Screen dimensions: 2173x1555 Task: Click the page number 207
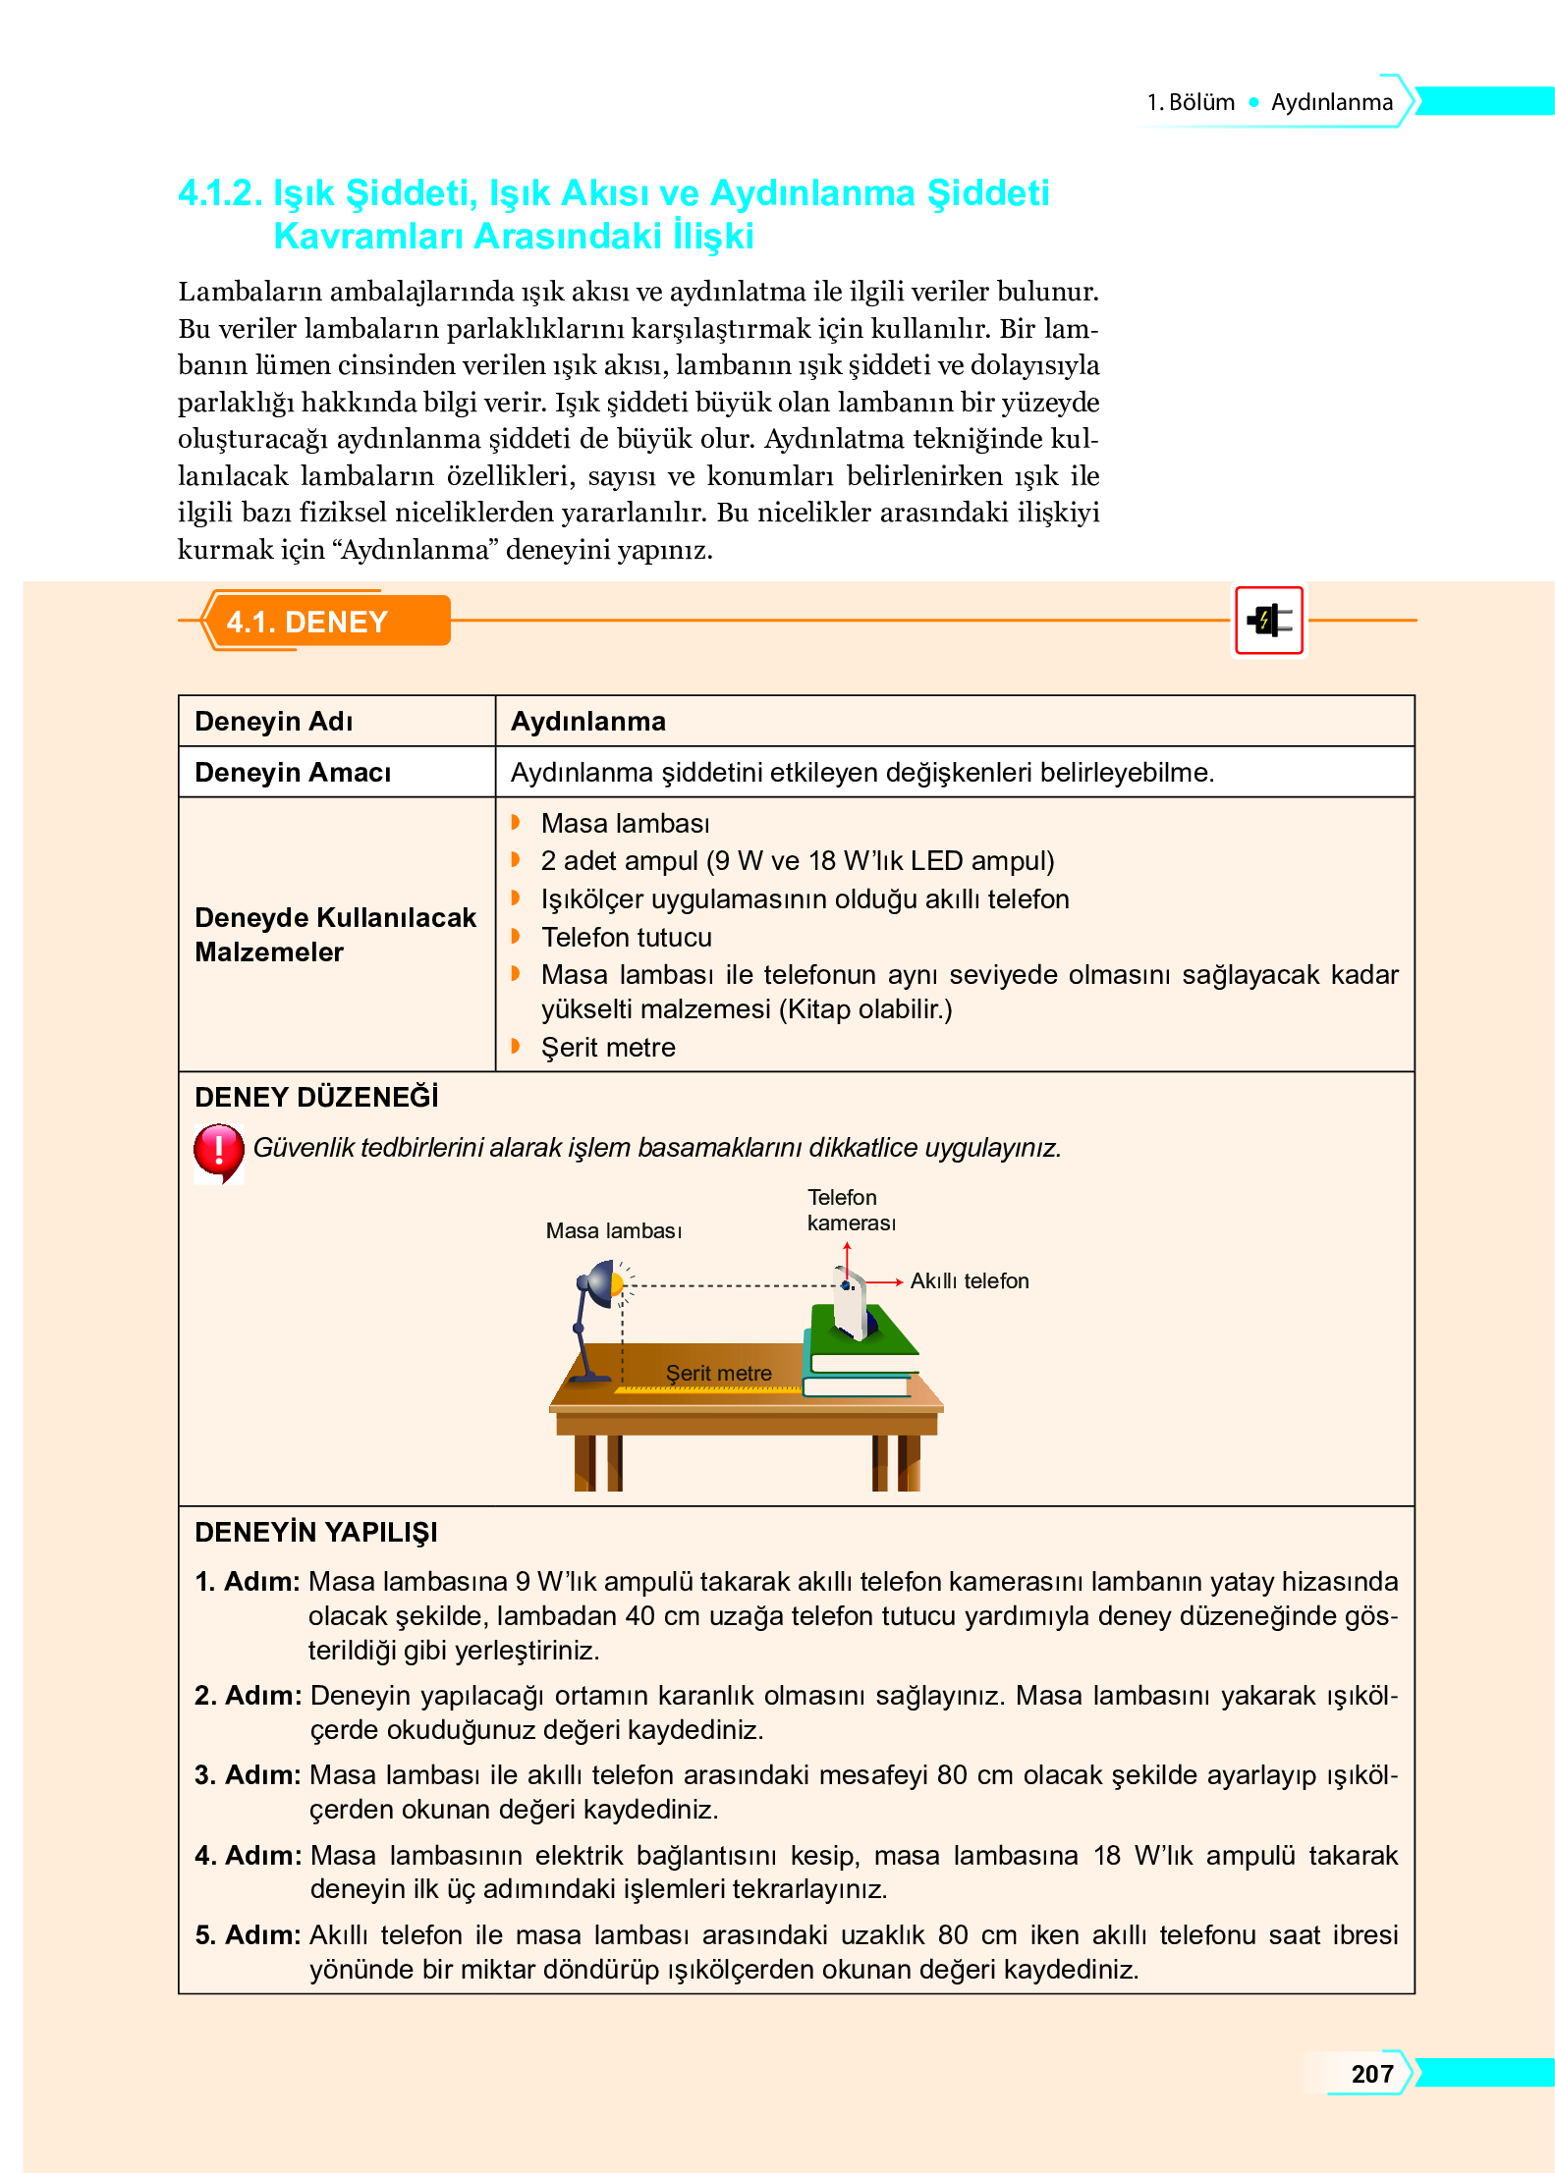[x=1371, y=2073]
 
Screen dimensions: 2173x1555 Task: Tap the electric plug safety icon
[x=1268, y=621]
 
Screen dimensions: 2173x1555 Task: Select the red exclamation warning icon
[x=218, y=1151]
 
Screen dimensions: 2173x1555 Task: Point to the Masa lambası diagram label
[x=613, y=1230]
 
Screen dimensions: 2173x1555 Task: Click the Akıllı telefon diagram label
[x=969, y=1280]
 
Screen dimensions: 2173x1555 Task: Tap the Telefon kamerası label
[x=851, y=1210]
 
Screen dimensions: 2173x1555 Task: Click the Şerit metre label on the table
[x=718, y=1373]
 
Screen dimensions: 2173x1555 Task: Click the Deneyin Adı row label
[x=273, y=722]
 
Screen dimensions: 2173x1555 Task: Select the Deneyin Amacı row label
[x=293, y=773]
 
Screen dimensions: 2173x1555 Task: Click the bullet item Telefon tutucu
[x=626, y=937]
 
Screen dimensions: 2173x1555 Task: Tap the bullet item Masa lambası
[x=625, y=823]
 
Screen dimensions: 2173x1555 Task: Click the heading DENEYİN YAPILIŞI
[x=315, y=1532]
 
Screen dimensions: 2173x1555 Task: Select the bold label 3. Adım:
[x=248, y=1774]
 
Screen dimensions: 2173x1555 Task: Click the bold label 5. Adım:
[x=248, y=1934]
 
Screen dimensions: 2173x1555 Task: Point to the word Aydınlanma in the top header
[x=1331, y=102]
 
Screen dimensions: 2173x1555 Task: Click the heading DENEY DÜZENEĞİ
[x=315, y=1097]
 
